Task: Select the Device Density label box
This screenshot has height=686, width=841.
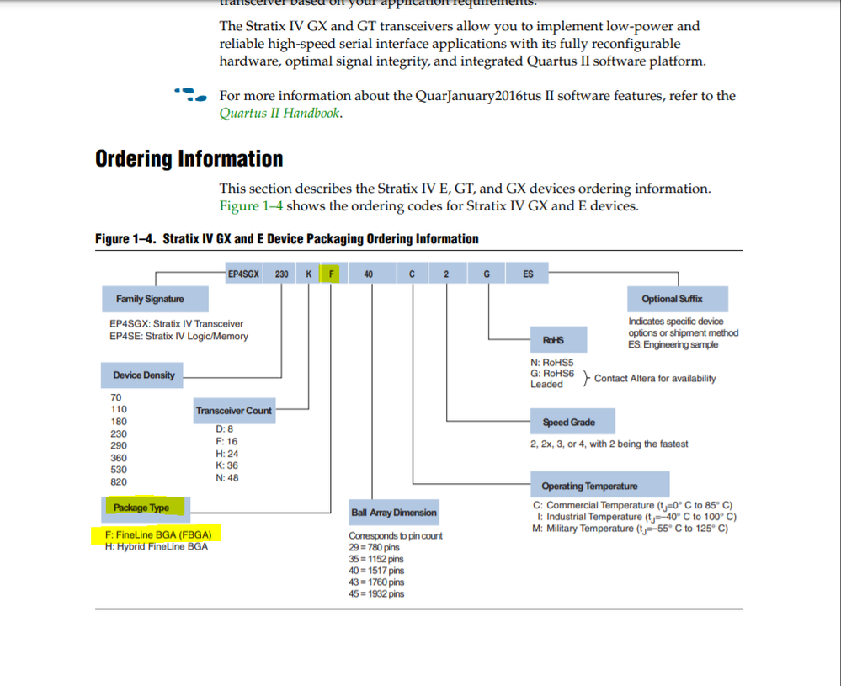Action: [144, 375]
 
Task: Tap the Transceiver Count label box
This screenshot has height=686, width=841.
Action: [234, 411]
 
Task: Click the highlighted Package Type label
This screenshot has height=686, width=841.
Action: [141, 508]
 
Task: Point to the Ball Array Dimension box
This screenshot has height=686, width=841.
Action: [394, 513]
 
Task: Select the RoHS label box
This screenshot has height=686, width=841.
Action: [554, 339]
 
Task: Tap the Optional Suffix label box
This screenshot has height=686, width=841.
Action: [671, 299]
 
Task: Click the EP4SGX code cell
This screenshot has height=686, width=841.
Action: [242, 274]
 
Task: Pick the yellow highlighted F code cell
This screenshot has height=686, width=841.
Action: [333, 274]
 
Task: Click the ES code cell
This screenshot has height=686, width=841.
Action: [528, 274]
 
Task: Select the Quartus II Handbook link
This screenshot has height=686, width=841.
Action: [279, 114]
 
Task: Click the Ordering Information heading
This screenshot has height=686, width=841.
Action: [189, 159]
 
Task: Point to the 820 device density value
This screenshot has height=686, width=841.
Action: [119, 482]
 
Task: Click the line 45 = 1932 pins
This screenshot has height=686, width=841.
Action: [375, 594]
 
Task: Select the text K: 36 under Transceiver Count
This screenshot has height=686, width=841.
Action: [226, 465]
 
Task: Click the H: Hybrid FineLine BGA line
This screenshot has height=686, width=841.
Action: [156, 545]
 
